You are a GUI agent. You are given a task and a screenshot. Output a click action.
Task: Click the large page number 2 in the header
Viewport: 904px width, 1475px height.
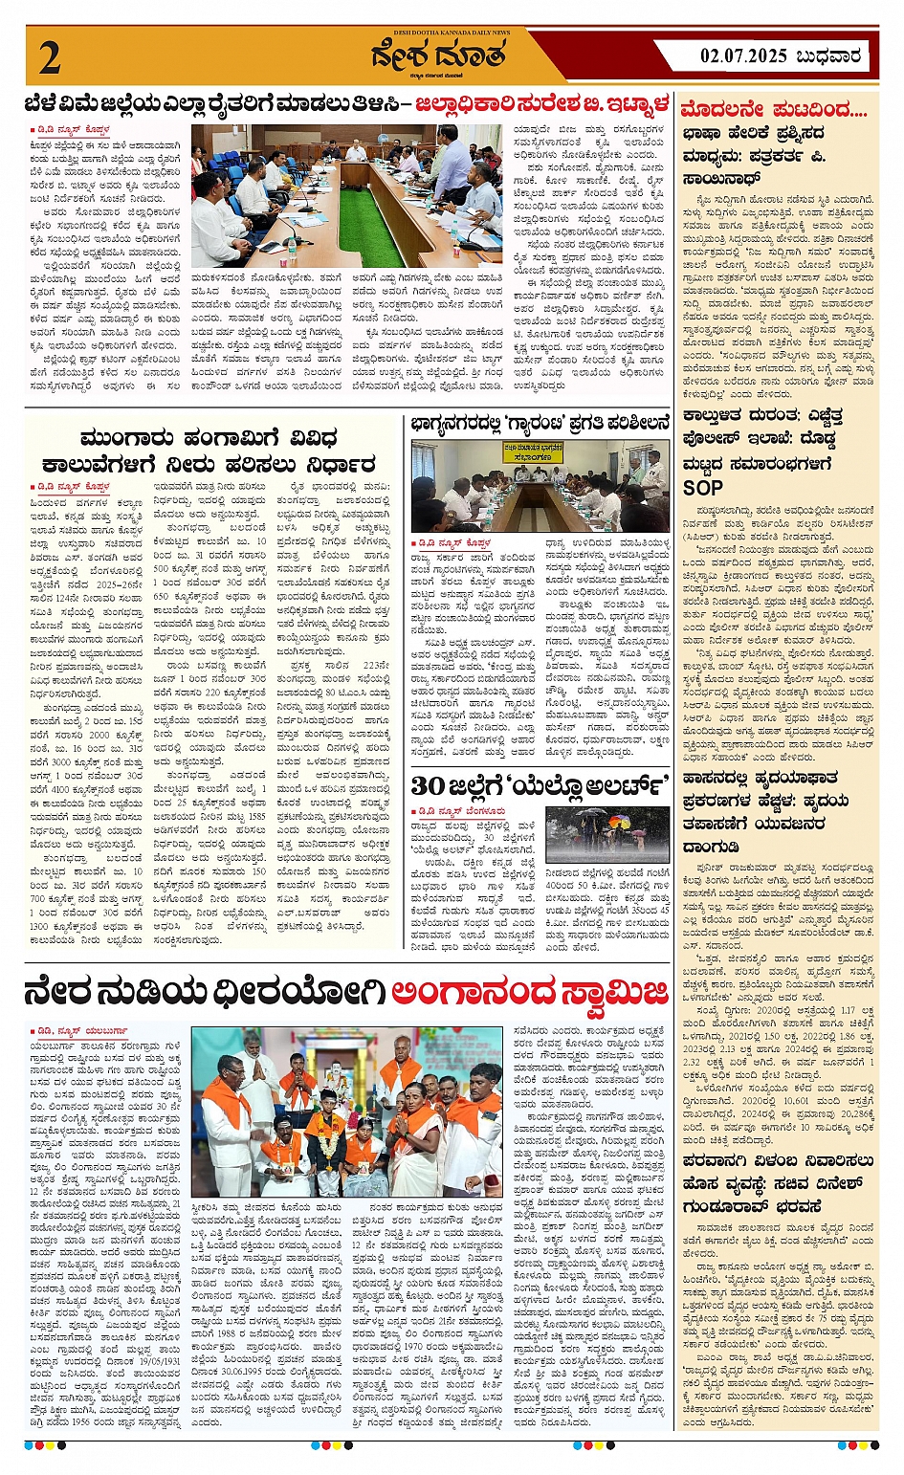tap(50, 57)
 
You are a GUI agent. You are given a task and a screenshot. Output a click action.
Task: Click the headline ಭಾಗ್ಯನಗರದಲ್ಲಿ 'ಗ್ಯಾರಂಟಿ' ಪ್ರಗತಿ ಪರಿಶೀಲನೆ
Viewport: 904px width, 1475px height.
tap(540, 424)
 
